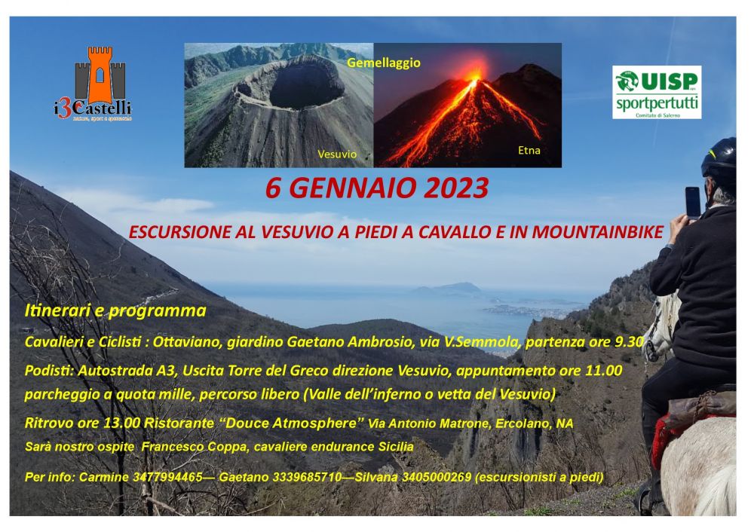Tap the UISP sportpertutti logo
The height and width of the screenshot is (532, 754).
[x=657, y=92]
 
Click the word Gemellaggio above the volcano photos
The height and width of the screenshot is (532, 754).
[x=384, y=63]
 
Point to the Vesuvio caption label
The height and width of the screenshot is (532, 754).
[x=337, y=154]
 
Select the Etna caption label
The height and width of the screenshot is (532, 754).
[x=529, y=151]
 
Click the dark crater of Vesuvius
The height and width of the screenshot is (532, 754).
[x=306, y=87]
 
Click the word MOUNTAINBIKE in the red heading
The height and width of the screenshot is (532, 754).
[x=597, y=232]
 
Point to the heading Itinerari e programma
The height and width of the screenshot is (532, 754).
[x=115, y=311]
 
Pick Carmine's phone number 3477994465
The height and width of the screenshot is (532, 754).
[x=167, y=477]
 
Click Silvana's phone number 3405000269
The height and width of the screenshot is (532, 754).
[x=436, y=477]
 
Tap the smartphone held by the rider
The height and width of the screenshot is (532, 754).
[x=693, y=202]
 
